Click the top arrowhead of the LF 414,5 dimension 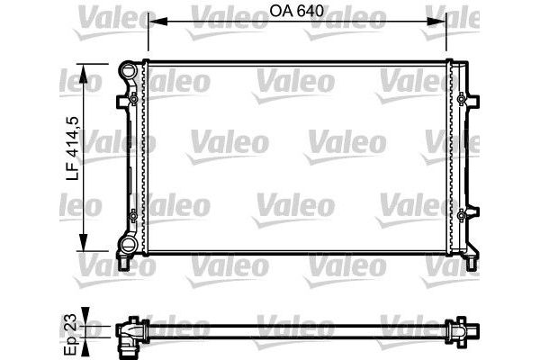[x=85, y=68]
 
